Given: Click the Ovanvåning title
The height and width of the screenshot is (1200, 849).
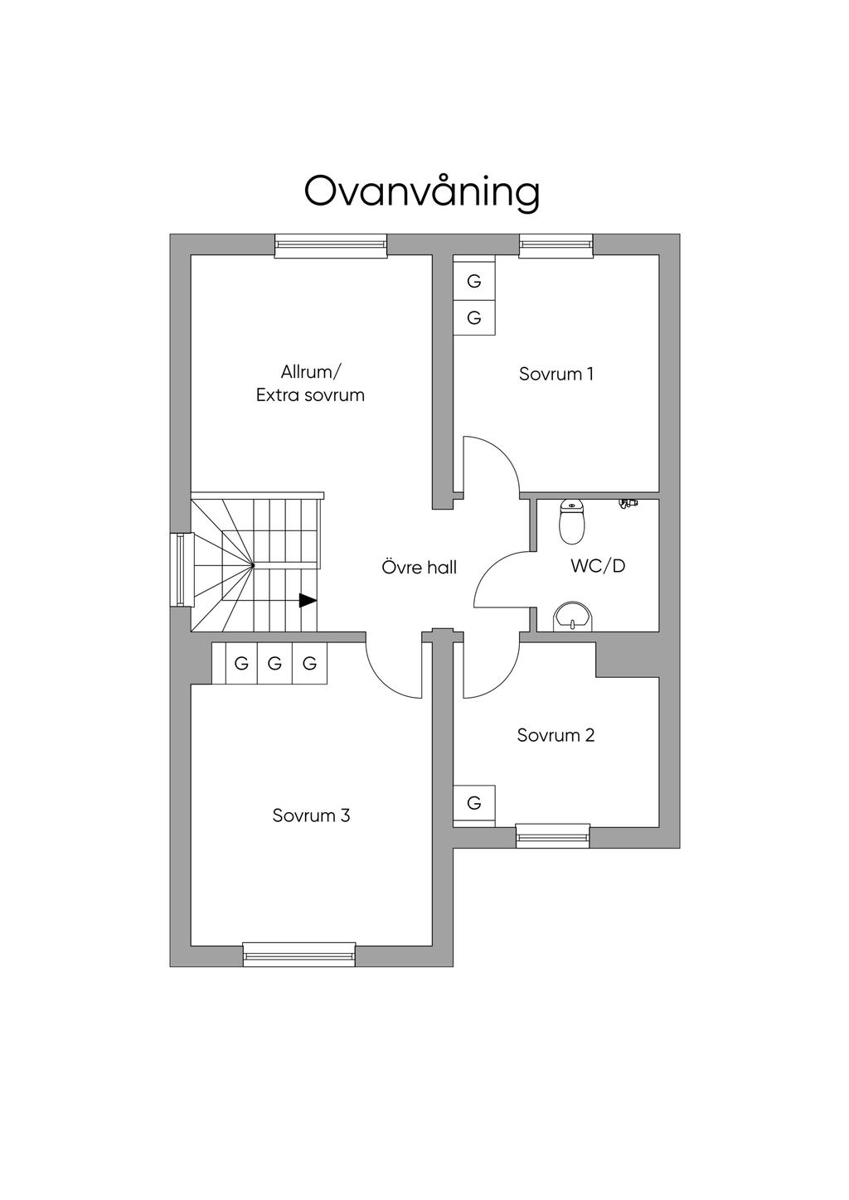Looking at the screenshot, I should pos(422,192).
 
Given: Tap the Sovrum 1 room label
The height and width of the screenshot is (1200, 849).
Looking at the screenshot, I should pos(555,374).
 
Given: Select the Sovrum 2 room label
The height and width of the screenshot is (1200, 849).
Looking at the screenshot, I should pos(555,735).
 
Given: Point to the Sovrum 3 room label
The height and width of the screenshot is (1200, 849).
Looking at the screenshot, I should pos(311,815).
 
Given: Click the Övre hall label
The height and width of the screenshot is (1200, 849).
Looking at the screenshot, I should pos(419,568).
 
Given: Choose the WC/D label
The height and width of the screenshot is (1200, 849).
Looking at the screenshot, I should pos(597,566).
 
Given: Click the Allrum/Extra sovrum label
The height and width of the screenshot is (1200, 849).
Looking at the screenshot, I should pos(310,384).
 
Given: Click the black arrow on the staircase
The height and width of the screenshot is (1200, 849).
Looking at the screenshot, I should pos(307,600).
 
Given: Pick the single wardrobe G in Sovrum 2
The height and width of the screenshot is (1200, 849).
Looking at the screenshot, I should pos(474,803).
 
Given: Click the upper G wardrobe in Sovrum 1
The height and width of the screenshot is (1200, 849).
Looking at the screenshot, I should pos(474,281).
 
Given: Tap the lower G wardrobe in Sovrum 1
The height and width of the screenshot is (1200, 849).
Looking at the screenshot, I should pos(474,317).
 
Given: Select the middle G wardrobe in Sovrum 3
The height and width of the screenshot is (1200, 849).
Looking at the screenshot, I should pos(275,663).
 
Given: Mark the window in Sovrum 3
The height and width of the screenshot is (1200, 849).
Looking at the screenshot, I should pos(298,955).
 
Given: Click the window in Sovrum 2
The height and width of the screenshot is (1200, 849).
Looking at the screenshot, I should pos(552,835).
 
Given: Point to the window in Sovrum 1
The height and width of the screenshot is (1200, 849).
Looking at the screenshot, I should pos(555,246).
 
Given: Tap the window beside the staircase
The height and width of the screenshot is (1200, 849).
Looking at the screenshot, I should pos(181,569).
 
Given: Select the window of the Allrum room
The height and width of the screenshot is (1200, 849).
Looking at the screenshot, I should pos(331,246).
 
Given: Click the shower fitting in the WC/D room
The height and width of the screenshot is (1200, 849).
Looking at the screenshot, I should pos(628,503).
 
